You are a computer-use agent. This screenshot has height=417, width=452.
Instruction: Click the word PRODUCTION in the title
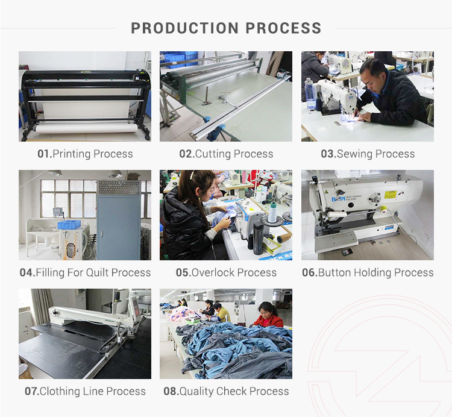point(185,28)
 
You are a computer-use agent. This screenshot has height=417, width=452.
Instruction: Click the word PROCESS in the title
point(283,28)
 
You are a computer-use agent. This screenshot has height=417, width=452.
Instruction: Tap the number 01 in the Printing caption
point(44,154)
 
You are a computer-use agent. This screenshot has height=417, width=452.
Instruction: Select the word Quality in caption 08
point(196,391)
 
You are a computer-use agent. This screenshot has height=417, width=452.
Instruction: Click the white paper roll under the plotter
point(86,128)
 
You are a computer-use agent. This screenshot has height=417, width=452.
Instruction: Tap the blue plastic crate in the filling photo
point(69,224)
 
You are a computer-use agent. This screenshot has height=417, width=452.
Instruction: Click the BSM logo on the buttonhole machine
point(338,199)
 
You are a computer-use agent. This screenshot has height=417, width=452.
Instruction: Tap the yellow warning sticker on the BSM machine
point(391,195)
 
